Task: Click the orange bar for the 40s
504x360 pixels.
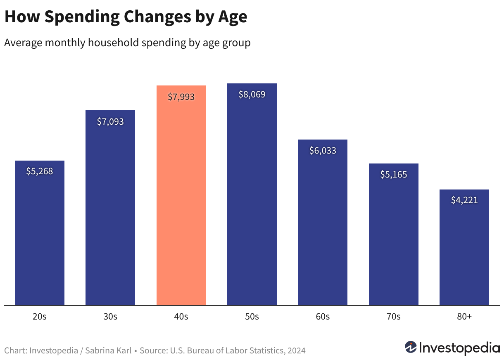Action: coord(181,195)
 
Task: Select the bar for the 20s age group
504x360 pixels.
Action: coord(40,233)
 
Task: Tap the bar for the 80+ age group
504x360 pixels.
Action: coord(464,247)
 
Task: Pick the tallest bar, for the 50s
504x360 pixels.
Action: coord(252,194)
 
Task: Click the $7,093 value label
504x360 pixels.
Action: coord(110,122)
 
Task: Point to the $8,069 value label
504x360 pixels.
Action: coord(252,95)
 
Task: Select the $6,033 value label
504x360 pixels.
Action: coord(323,150)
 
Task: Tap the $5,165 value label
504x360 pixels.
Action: coord(394,175)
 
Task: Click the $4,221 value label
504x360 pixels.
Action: coord(464,200)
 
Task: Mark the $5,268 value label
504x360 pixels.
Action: coord(40,171)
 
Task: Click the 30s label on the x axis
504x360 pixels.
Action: coord(110,317)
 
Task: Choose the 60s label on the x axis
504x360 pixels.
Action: coord(323,317)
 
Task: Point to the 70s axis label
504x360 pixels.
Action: coord(394,317)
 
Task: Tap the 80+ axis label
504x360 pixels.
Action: coord(464,317)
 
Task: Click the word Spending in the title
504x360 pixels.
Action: coord(82,17)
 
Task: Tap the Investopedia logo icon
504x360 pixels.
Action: coord(411,347)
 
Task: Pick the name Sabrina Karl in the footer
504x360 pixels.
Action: coord(108,351)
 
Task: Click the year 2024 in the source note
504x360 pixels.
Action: coord(296,351)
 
